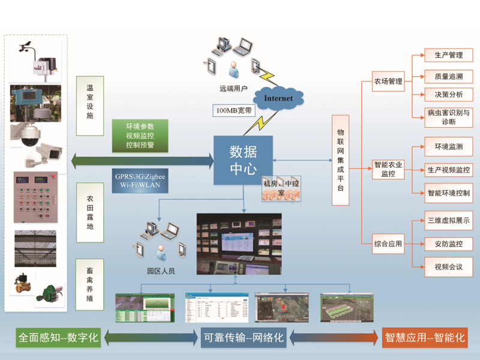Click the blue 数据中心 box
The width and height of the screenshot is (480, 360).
(x=244, y=160)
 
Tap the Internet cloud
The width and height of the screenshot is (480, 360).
(x=278, y=97)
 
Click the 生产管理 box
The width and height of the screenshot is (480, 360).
(x=448, y=55)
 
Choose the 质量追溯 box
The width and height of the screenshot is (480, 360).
(x=448, y=76)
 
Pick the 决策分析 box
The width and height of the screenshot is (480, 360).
(x=448, y=94)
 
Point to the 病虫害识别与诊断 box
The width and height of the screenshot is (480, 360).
(x=448, y=117)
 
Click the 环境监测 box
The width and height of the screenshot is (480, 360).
(x=448, y=147)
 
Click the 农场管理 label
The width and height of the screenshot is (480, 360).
(x=388, y=81)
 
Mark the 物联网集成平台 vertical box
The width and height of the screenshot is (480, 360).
(x=340, y=160)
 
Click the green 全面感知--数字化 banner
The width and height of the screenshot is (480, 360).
(x=58, y=337)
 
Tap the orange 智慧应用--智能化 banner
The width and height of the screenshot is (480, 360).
(x=424, y=337)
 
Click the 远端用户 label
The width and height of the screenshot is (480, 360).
(x=234, y=88)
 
